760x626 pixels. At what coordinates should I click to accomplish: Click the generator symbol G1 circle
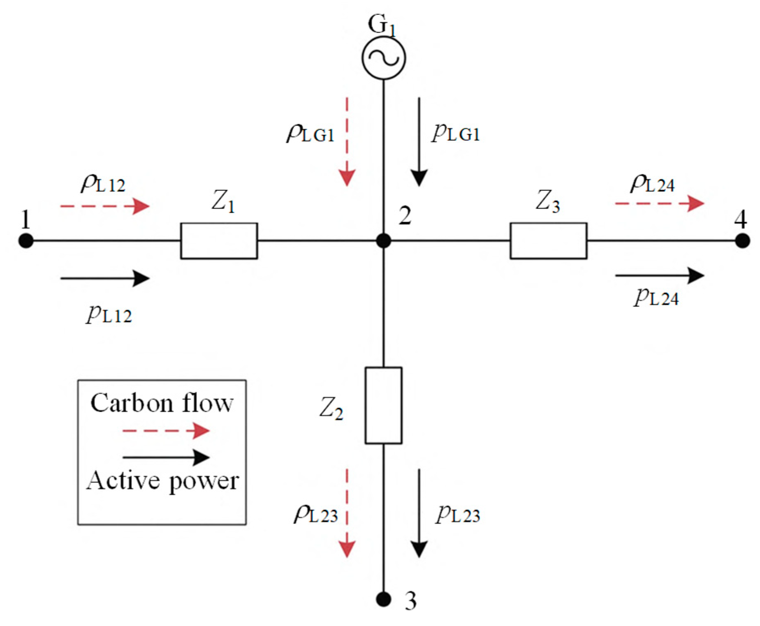tap(384, 58)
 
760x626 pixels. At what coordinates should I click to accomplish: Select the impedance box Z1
tap(219, 241)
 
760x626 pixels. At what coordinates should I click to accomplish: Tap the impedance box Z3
tap(548, 241)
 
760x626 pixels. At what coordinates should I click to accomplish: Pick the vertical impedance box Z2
tap(383, 405)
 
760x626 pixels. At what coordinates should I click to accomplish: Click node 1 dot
tap(26, 241)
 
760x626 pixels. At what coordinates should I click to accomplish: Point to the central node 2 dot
tap(384, 241)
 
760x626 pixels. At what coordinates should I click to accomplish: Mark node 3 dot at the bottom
tap(383, 599)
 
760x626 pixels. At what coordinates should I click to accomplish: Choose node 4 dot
tap(742, 241)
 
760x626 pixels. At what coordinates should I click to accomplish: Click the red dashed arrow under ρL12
tap(104, 206)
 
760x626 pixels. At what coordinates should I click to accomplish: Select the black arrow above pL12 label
tap(104, 278)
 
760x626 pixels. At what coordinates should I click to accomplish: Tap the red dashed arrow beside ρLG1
tap(348, 142)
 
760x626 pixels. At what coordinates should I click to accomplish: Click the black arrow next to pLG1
tap(419, 142)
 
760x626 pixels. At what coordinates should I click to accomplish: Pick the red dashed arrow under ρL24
tap(659, 203)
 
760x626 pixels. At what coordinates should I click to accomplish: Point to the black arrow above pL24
tap(659, 275)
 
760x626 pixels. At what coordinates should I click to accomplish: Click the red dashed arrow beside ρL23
tap(348, 513)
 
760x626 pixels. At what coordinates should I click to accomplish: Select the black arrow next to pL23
tap(419, 513)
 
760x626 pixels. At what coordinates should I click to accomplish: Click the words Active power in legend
tap(162, 480)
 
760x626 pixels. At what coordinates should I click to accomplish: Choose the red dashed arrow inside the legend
tap(166, 431)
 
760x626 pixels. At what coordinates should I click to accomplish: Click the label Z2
tap(331, 409)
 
